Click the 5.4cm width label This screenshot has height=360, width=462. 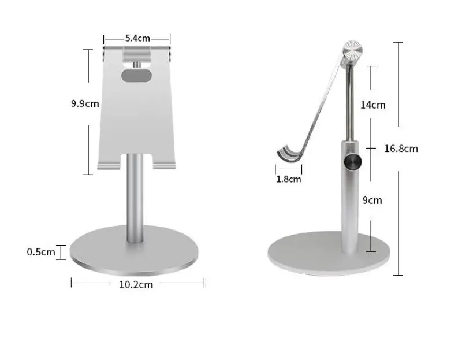coord(137,38)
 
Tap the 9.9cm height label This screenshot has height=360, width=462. coord(85,104)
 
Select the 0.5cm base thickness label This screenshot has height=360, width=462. coord(41,252)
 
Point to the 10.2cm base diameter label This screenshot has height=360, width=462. coord(136,284)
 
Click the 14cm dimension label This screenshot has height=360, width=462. coord(372,105)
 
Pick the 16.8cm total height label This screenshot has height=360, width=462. coord(401,149)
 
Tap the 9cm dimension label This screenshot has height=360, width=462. coord(372,201)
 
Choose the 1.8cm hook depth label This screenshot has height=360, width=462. coord(288,179)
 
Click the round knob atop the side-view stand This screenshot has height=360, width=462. coord(352,51)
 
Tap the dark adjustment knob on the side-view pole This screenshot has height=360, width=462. coord(353,162)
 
